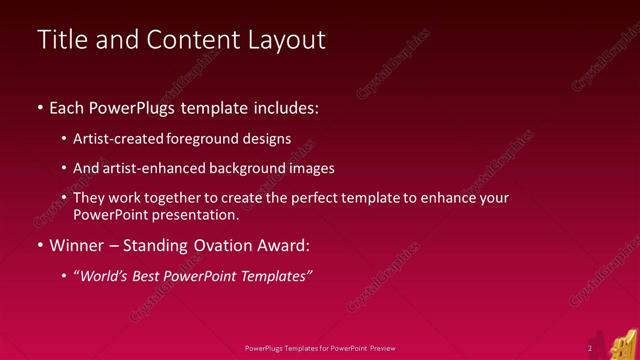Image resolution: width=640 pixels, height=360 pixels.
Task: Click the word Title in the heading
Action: pyautogui.click(x=61, y=40)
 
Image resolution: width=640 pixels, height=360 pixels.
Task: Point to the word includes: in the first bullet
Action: pyautogui.click(x=288, y=107)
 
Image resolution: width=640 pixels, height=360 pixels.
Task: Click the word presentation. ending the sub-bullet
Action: pyautogui.click(x=197, y=215)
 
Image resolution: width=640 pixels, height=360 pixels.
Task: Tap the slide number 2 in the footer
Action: pyautogui.click(x=590, y=348)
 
